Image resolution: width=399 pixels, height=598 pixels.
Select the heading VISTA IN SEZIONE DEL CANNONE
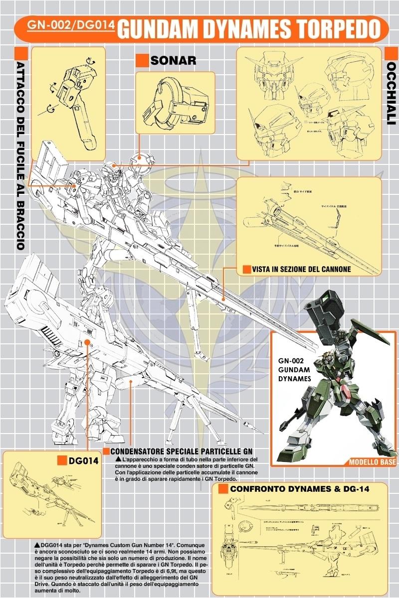pos(301,269)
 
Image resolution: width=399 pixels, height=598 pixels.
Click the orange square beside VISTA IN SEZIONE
pos(246,269)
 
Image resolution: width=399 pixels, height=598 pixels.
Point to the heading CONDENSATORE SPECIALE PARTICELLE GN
pos(182,450)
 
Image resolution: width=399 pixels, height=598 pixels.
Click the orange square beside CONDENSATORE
pos(106,450)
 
